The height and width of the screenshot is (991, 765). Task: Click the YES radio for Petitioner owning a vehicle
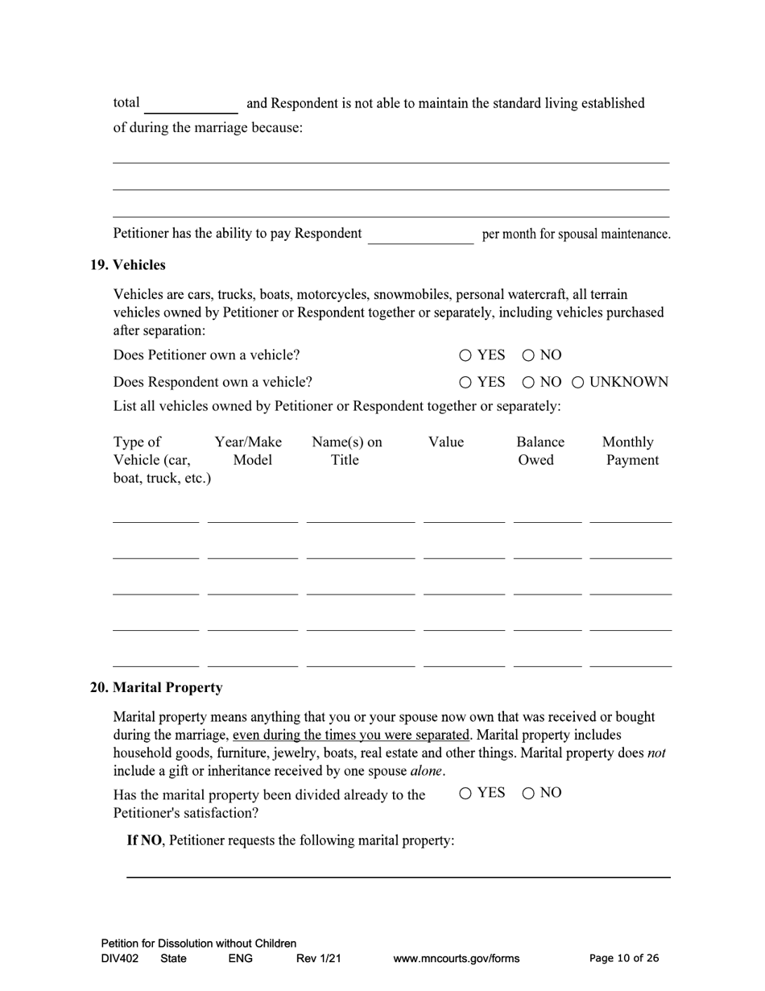(x=465, y=355)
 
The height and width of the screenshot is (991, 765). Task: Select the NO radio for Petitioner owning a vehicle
(x=528, y=355)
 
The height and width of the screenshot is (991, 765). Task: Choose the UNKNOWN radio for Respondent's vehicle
(x=578, y=382)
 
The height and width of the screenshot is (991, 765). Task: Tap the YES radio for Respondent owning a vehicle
(x=465, y=382)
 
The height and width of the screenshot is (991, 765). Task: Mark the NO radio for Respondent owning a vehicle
(x=528, y=382)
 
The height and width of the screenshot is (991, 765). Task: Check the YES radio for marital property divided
(x=465, y=794)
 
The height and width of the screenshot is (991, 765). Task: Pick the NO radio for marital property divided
(x=528, y=794)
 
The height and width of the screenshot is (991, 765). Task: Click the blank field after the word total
(x=191, y=105)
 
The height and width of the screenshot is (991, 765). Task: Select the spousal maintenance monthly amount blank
(x=420, y=234)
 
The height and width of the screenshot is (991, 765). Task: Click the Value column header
(x=445, y=442)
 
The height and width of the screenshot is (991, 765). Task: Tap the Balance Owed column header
(x=540, y=451)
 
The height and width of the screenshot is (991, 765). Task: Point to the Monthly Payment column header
(x=630, y=451)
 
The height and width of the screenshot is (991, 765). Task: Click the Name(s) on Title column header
(x=346, y=451)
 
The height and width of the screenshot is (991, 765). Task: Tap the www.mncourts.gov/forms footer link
(x=456, y=959)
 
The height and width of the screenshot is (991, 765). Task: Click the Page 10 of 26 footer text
(x=623, y=958)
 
